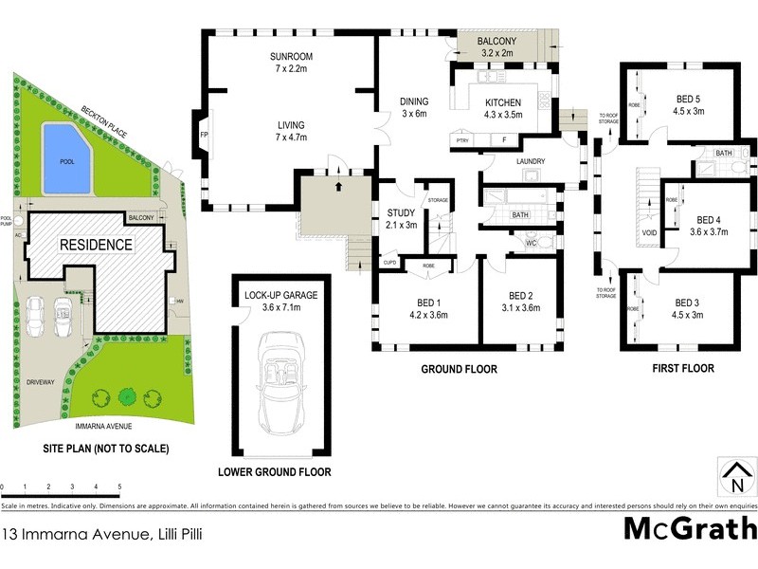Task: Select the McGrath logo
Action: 690,527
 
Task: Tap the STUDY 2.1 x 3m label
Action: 402,218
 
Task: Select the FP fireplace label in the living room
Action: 203,135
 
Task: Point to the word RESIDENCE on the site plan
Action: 96,245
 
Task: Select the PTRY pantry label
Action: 462,141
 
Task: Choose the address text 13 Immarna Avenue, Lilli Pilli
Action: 102,534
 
